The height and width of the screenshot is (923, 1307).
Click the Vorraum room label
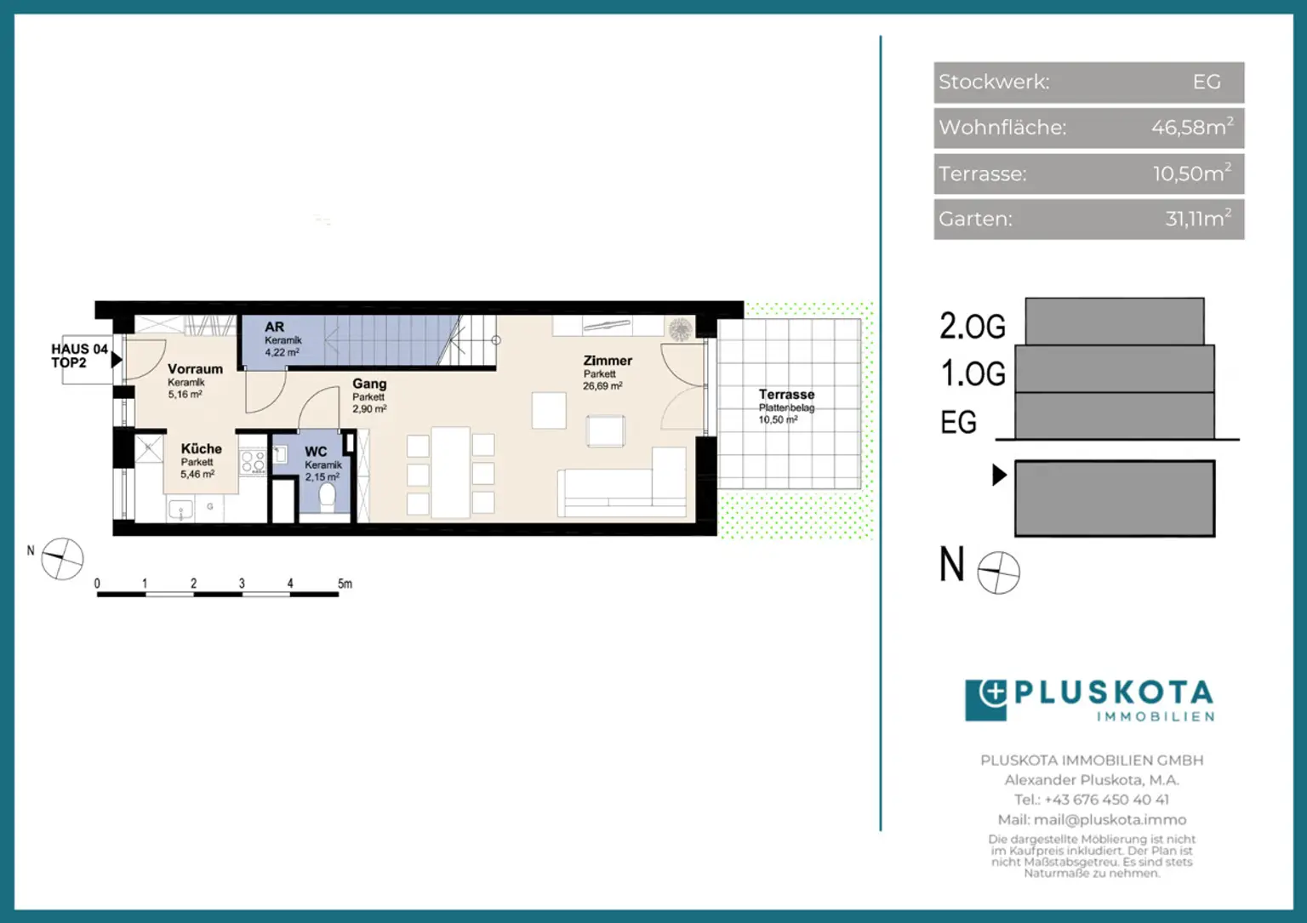[195, 368]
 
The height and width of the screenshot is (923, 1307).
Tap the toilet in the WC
[327, 498]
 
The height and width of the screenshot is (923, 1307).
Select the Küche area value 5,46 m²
[197, 475]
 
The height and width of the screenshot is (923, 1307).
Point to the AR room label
[274, 327]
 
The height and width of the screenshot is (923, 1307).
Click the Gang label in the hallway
[369, 384]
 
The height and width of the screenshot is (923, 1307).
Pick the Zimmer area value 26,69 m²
[602, 385]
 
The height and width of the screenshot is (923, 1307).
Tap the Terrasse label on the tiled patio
[786, 395]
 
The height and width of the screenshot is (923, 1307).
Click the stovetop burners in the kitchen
[254, 461]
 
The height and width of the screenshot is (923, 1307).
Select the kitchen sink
[181, 510]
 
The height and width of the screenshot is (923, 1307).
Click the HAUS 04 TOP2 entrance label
[79, 356]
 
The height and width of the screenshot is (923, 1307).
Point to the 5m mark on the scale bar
[345, 584]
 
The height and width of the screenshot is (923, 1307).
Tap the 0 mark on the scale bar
[97, 584]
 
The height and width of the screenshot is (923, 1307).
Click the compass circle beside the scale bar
[62, 559]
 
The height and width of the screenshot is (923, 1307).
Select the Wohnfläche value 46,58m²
[1193, 127]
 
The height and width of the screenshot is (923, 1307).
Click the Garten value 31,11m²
[1198, 219]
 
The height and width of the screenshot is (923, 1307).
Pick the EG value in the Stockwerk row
[1207, 82]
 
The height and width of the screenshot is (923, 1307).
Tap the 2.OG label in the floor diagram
[973, 326]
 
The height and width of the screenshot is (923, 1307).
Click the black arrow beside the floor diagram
[1000, 475]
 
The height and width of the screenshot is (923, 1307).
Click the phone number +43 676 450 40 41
[1106, 800]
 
